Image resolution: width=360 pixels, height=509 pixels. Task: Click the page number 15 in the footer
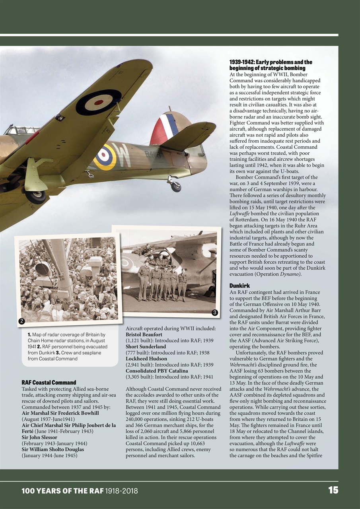[333, 490]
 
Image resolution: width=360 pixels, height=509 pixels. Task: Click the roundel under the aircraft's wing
[98, 102]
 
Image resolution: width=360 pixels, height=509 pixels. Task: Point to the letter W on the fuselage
[123, 155]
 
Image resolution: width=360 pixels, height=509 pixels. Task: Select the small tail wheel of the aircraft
[175, 186]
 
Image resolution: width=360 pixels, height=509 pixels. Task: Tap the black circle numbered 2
[22, 321]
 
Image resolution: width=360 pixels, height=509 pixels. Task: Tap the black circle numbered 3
[214, 313]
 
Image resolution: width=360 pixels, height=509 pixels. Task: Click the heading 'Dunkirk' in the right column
[240, 286]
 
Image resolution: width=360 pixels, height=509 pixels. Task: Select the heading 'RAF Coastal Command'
[49, 383]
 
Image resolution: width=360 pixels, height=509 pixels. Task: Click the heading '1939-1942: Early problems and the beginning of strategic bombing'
[270, 65]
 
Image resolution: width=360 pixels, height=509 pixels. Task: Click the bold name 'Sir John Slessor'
[39, 437]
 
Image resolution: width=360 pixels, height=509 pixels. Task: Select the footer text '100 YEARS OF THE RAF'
[62, 491]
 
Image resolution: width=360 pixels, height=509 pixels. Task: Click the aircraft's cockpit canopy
[21, 130]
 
